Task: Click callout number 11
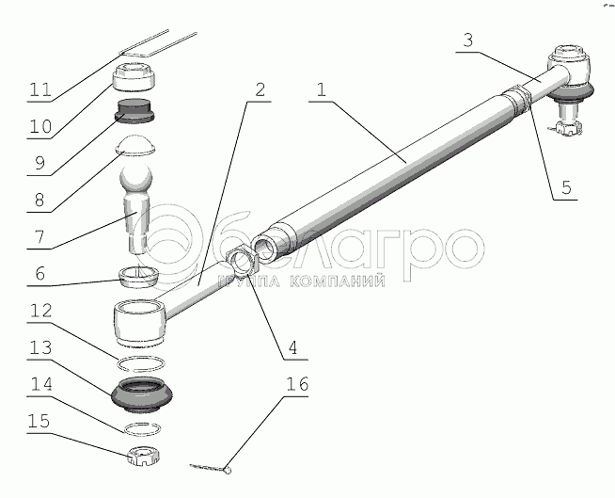tap(40, 89)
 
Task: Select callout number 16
tap(297, 384)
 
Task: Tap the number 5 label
tap(566, 187)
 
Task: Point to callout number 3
tap(468, 40)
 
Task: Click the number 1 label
tap(322, 89)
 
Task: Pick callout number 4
tap(292, 347)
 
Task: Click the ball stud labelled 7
tap(135, 208)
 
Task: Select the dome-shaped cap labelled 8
tap(135, 146)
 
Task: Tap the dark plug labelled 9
tap(134, 111)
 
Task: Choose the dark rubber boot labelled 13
tap(142, 395)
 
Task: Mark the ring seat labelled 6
tap(139, 277)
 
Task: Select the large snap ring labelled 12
tap(141, 363)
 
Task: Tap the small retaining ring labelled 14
tap(142, 429)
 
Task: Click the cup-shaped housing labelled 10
tap(134, 77)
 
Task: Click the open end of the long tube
tap(267, 249)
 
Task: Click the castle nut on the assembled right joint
tap(567, 128)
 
